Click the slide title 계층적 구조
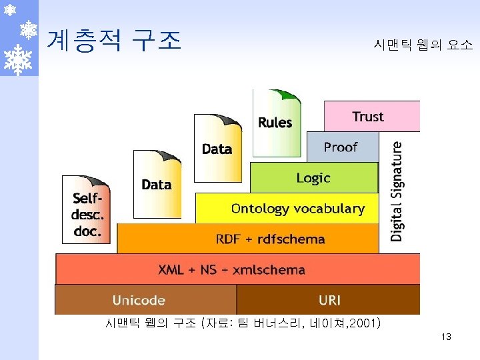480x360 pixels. coord(114,40)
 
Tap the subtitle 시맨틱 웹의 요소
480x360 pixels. coord(423,45)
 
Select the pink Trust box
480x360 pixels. coord(371,117)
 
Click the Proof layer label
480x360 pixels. coord(341,147)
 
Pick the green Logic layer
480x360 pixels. coord(313,178)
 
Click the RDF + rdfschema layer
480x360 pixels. coord(271,239)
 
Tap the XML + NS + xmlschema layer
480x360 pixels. coord(232,269)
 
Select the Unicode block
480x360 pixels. coord(139,300)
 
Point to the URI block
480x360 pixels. coord(329,300)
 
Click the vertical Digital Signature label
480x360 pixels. coord(397,191)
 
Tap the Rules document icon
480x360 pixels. coord(275,122)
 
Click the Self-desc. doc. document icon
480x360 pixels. coord(87,210)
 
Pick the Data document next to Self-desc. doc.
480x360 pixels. coord(157,185)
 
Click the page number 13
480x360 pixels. coord(446,337)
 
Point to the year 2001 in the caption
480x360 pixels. coord(363,325)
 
